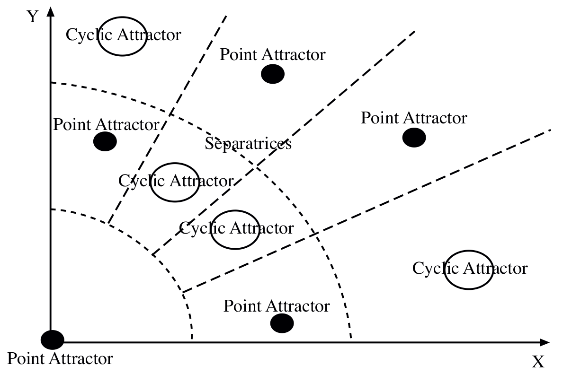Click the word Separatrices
click(248, 143)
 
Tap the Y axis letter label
click(32, 17)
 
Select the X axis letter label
click(538, 362)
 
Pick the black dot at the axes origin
click(52, 339)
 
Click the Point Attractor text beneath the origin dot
click(61, 358)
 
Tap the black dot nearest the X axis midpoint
click(282, 323)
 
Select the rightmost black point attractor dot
click(414, 138)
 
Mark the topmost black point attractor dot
click(272, 74)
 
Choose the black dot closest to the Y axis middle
click(105, 141)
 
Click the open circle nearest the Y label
click(122, 36)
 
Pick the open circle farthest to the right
click(469, 270)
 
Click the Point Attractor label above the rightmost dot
click(414, 117)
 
